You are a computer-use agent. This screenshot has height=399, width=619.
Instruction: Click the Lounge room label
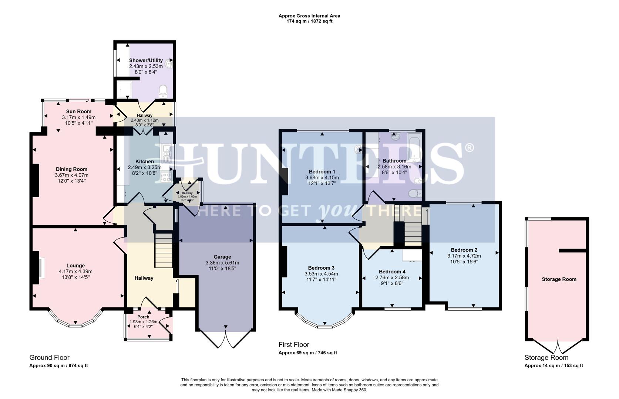point(75,266)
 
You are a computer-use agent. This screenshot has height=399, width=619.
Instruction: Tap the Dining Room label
point(71,169)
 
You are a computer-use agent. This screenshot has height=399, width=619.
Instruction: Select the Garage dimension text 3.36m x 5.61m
point(222,263)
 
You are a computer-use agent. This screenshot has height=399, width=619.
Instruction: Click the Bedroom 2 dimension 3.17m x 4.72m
point(464,256)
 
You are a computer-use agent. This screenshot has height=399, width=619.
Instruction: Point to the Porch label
point(143,317)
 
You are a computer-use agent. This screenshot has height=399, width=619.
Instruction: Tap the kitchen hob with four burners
point(165,177)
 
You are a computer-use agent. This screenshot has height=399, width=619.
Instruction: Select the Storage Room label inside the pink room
point(559,279)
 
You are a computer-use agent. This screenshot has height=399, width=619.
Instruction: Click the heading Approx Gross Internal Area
point(309,16)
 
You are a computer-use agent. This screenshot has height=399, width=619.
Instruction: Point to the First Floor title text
point(294,345)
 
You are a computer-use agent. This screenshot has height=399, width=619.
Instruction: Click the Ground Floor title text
point(49,358)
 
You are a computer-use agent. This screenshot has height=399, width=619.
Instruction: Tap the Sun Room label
point(78,111)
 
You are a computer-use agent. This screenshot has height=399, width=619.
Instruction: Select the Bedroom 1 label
point(322,172)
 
